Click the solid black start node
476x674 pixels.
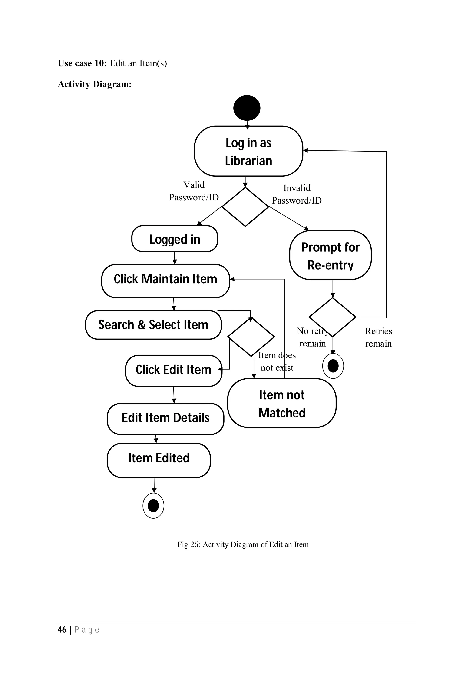(247, 108)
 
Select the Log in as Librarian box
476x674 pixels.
(248, 151)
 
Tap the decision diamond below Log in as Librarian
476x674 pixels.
(245, 207)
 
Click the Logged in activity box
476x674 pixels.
(175, 239)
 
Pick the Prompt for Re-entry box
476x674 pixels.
(330, 255)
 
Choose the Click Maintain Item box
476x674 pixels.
(165, 281)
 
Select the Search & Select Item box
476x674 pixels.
(153, 325)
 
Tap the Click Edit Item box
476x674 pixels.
(173, 370)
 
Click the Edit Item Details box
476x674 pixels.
(165, 419)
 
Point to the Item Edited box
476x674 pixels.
(159, 460)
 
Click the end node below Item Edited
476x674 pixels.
(153, 506)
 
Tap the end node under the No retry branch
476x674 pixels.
(333, 366)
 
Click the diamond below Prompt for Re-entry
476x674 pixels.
(332, 317)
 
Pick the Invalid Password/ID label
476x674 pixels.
(297, 194)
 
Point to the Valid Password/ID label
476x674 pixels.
(194, 191)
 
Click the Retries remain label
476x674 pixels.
(378, 337)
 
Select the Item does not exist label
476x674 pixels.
(277, 361)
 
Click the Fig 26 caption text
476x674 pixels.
(243, 544)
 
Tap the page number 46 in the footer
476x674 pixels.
(62, 630)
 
